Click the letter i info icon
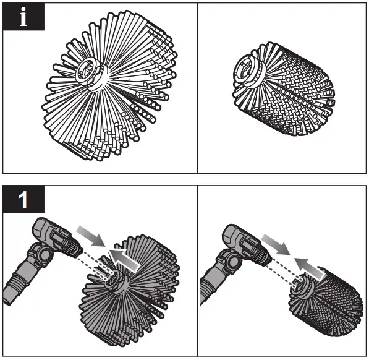coord(23,17)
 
